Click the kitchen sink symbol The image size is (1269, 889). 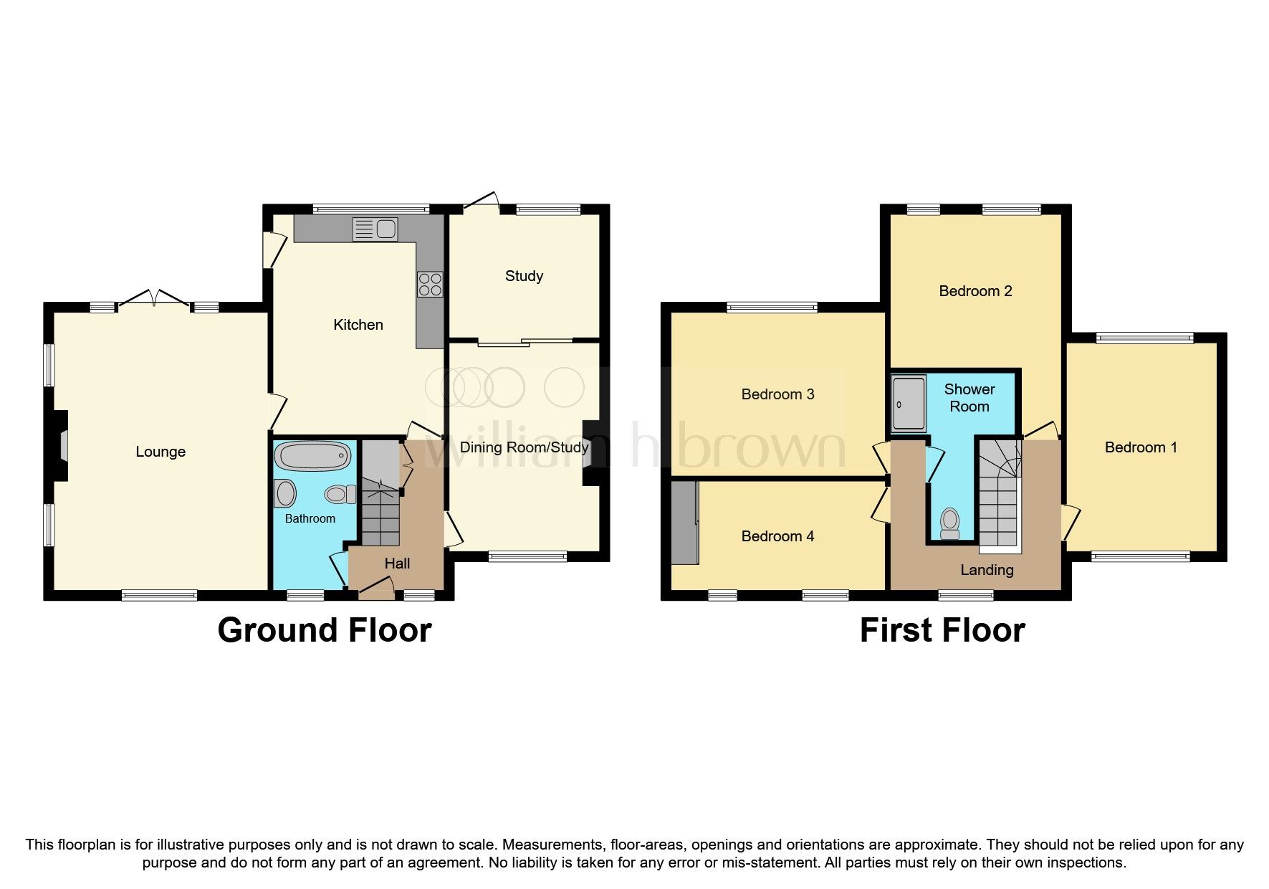[375, 229]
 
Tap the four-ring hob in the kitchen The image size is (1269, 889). [430, 285]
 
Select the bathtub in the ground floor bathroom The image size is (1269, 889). [313, 456]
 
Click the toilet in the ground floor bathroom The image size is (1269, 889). [340, 494]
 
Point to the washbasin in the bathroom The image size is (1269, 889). [285, 493]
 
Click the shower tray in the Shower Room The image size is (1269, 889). [909, 404]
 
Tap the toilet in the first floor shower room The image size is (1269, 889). [950, 523]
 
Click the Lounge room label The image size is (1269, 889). [161, 452]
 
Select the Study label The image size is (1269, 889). [524, 276]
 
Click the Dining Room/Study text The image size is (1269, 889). [524, 447]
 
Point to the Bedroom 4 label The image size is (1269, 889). [777, 536]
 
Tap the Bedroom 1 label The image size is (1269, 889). [1141, 447]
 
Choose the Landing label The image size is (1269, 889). [987, 570]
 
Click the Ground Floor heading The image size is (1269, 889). [324, 630]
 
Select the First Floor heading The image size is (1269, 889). [942, 630]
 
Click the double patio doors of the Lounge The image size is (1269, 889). [154, 300]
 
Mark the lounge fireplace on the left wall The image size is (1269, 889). [60, 445]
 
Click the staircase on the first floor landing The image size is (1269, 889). [999, 502]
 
